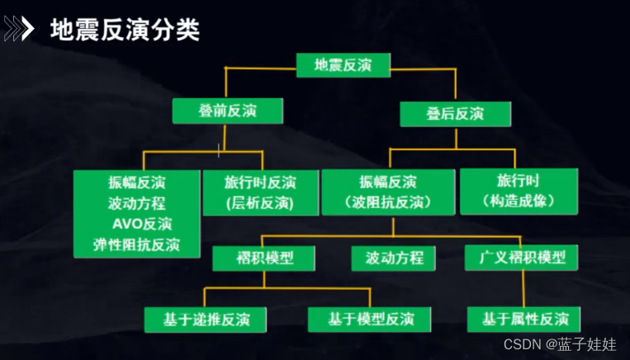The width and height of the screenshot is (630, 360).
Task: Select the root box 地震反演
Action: [x=343, y=64]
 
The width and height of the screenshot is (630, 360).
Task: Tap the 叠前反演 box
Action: [x=227, y=111]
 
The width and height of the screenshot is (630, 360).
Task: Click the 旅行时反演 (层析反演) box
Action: [x=260, y=192]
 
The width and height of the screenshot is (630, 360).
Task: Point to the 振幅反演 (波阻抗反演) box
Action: [x=388, y=192]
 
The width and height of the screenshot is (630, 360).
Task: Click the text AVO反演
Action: [x=142, y=224]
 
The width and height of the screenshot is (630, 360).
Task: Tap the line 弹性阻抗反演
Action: [x=136, y=244]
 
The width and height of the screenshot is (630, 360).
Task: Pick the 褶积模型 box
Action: [x=264, y=258]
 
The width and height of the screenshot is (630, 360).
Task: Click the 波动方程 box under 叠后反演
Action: [x=393, y=258]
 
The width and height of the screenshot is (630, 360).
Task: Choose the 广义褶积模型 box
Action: [x=522, y=257]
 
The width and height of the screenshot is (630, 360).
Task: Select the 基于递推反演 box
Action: [x=197, y=319]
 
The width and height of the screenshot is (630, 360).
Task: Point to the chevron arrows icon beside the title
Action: [x=19, y=30]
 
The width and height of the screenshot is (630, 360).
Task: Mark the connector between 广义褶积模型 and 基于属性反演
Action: [x=522, y=288]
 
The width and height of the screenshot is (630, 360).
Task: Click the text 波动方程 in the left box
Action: [x=136, y=203]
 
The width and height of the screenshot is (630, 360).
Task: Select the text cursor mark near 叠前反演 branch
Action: [x=218, y=149]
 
